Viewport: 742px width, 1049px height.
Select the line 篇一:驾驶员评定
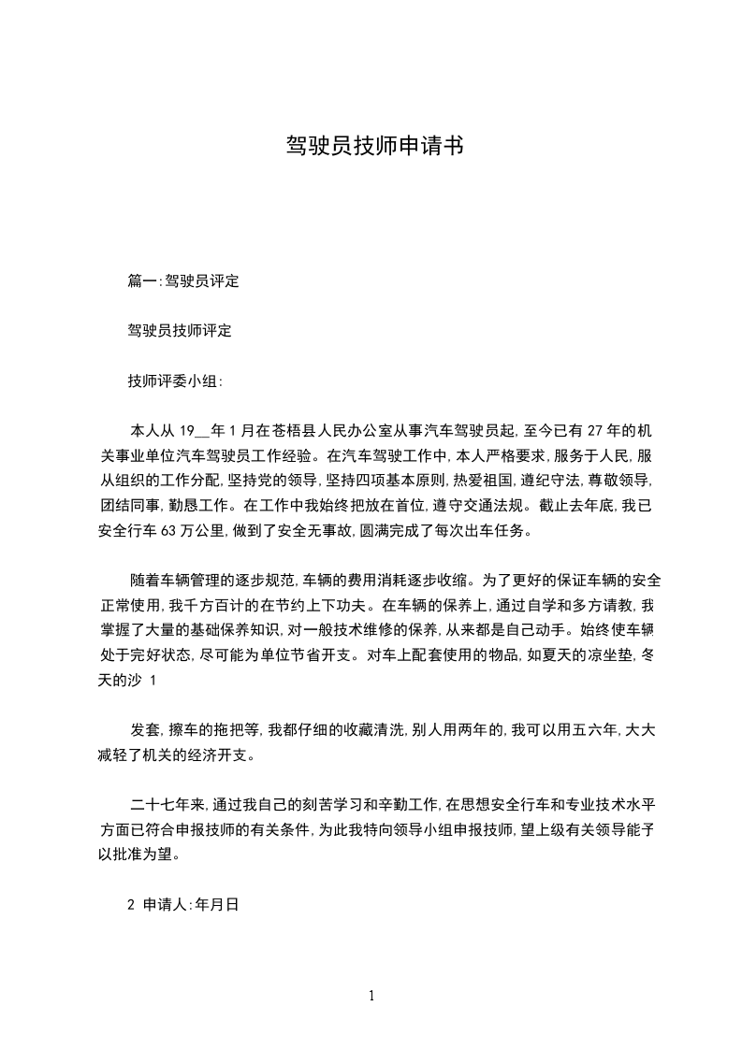tap(183, 280)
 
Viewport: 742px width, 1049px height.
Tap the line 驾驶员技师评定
tap(180, 331)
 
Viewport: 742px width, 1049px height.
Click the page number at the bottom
tap(371, 997)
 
